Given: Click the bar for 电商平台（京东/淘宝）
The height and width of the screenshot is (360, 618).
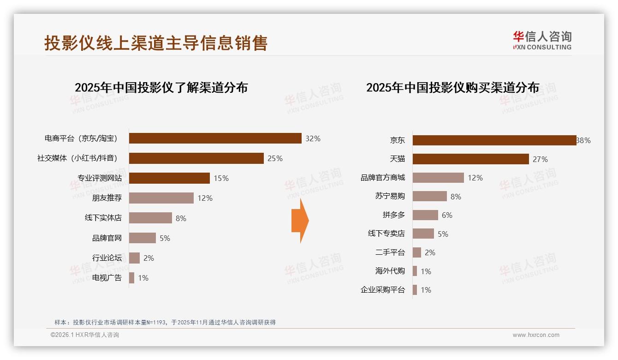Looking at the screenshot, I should pos(215,138).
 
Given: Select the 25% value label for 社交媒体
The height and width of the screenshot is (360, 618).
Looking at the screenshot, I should pos(275,158).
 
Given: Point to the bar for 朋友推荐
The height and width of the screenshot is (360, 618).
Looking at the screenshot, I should pos(161,198).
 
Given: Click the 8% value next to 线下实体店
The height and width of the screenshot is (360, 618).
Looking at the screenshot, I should pos(181,218).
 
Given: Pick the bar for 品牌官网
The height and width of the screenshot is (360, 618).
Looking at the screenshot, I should pos(142,238).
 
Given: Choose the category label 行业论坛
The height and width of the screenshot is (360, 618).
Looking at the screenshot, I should pos(107,258).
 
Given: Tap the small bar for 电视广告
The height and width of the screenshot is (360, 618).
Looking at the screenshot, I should pos(131,278).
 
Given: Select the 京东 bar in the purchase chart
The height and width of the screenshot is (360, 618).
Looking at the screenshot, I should pos(494,140).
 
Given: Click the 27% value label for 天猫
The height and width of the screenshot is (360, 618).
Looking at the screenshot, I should pos(540,159).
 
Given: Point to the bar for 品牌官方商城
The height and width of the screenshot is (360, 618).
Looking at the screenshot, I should pos(438,178).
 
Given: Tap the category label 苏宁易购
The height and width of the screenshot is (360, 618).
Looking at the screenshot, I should pos(390,196).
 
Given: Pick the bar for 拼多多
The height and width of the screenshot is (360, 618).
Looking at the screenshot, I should pos(425,215).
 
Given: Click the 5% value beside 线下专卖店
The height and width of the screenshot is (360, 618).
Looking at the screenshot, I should pos(443,234).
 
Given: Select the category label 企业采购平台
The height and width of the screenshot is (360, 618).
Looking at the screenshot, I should pos(382,290).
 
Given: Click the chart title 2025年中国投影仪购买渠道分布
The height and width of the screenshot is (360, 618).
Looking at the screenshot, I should pos(452,88).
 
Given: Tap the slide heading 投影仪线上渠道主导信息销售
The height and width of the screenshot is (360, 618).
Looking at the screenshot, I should pos(156,43).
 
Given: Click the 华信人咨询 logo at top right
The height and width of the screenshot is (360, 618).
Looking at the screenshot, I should pos(542,40).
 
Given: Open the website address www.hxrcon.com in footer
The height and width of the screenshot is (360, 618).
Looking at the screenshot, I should pos(536,335).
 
